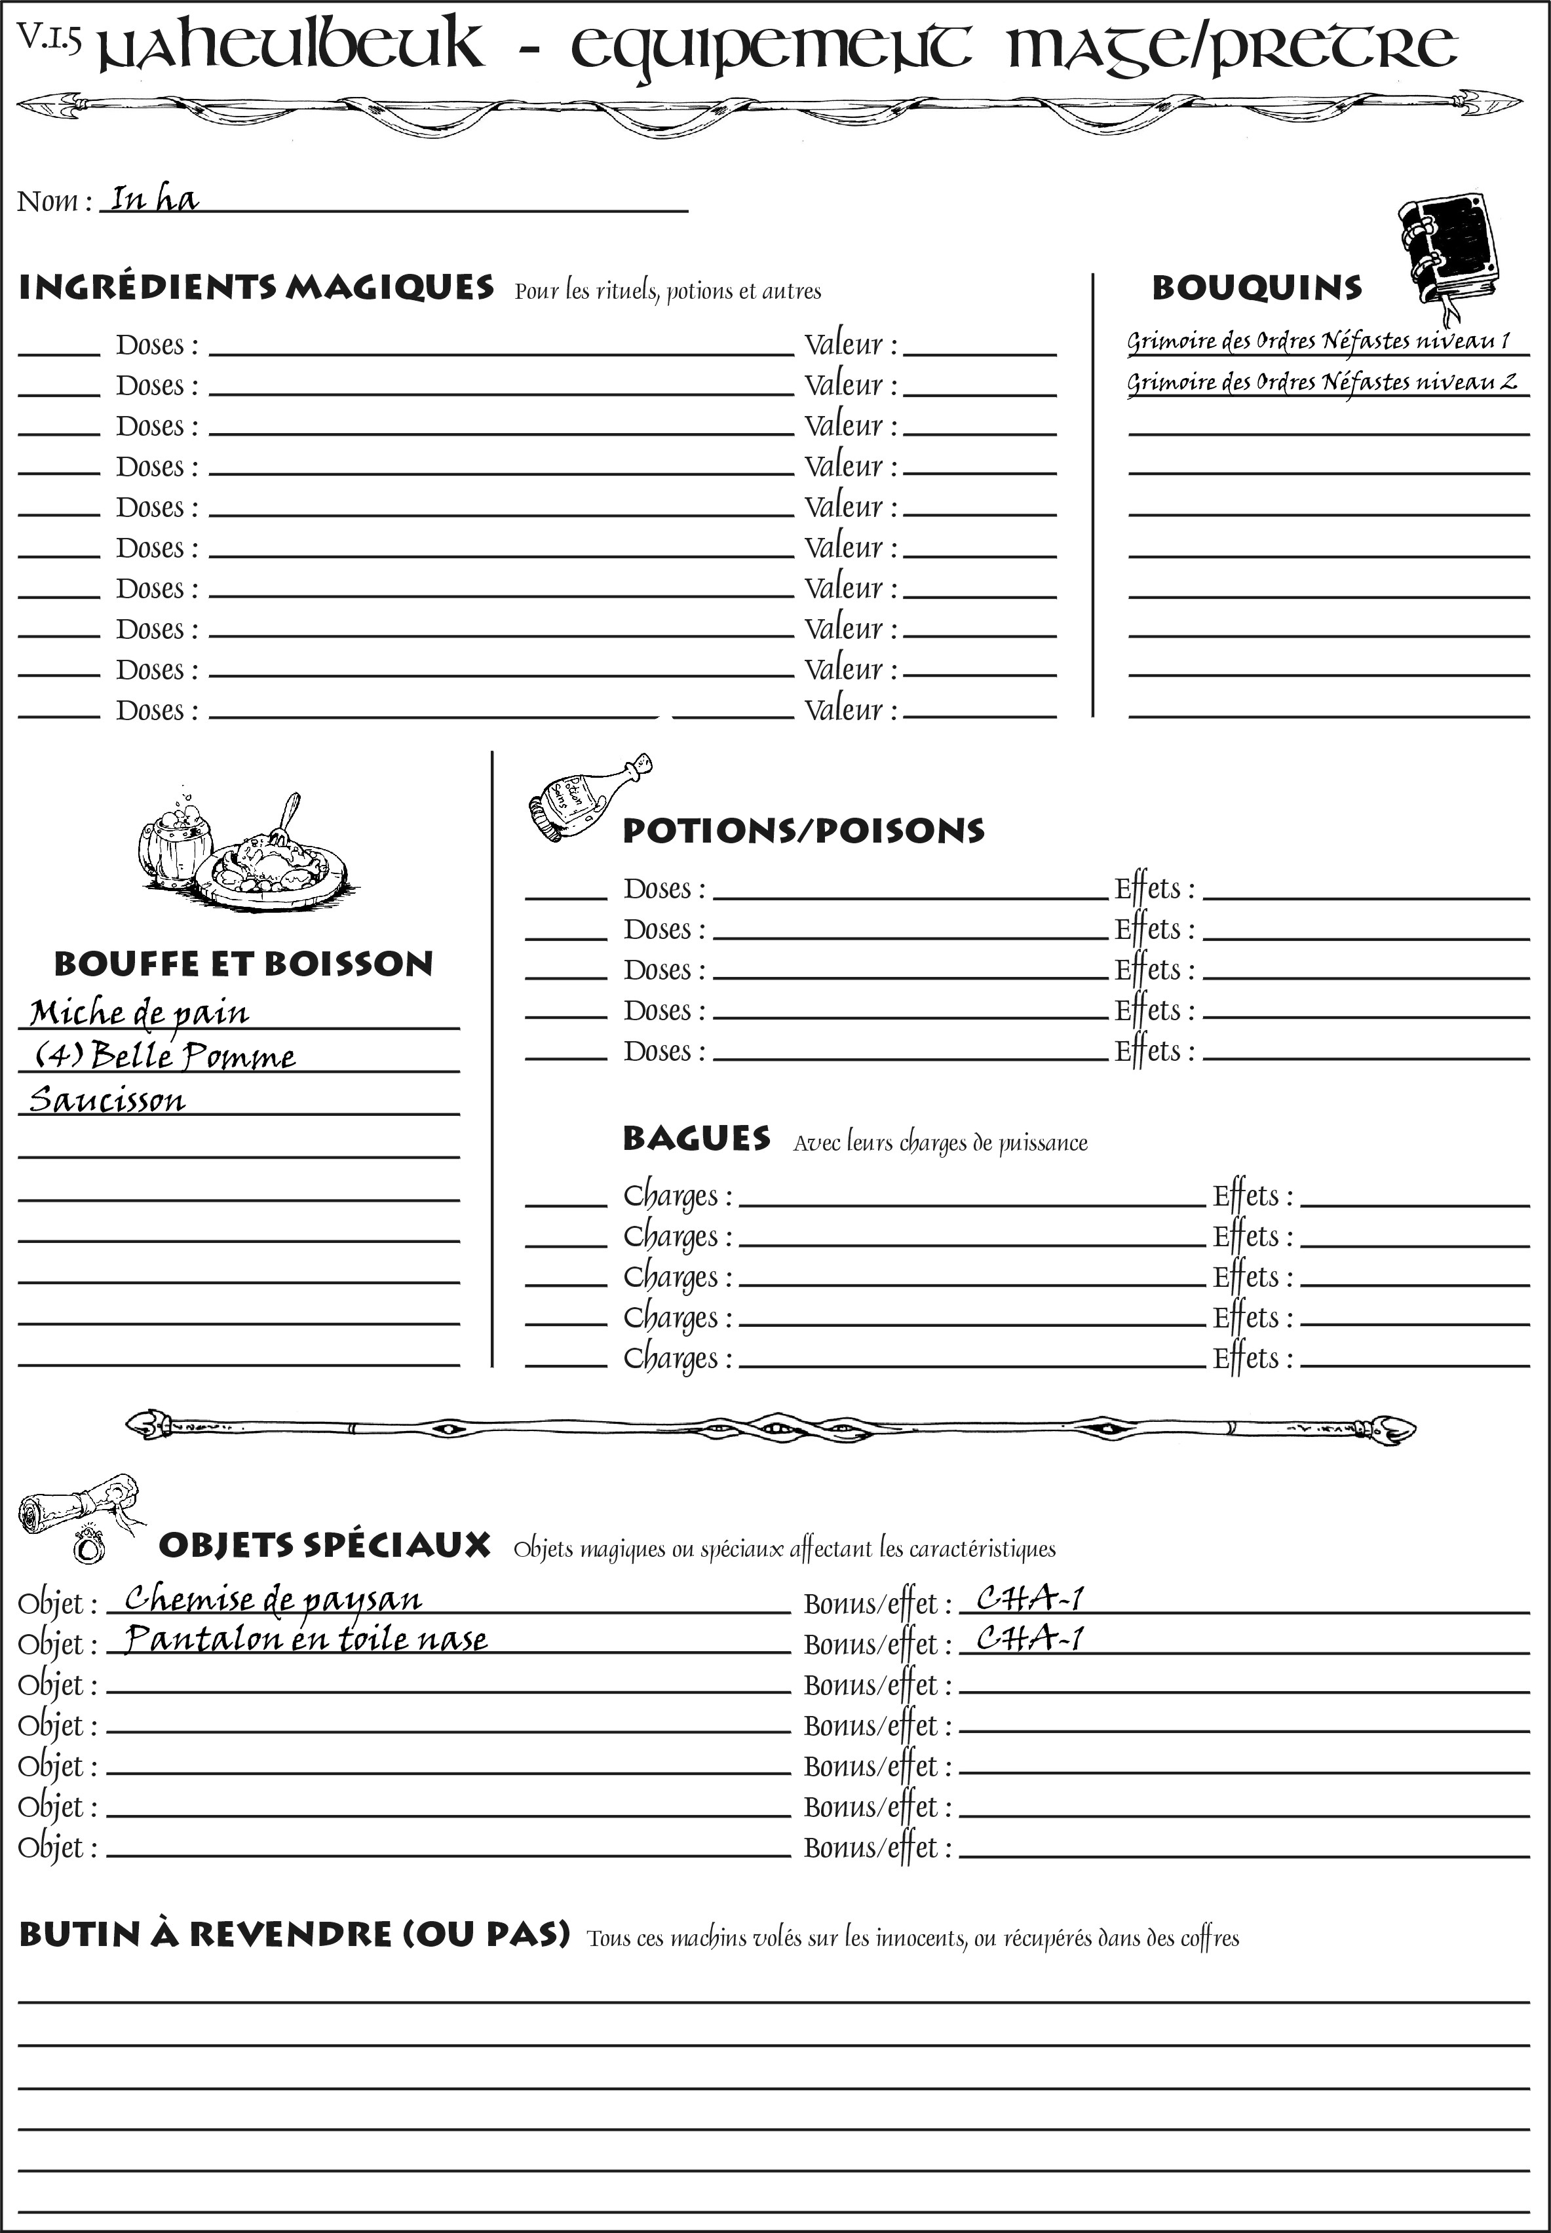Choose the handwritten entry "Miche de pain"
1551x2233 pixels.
coord(139,1012)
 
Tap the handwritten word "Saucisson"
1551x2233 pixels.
coord(107,1100)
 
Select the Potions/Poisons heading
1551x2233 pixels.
coord(803,831)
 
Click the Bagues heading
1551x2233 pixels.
coord(696,1139)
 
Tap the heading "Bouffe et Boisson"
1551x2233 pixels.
coord(243,964)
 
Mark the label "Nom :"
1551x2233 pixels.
coord(54,201)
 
